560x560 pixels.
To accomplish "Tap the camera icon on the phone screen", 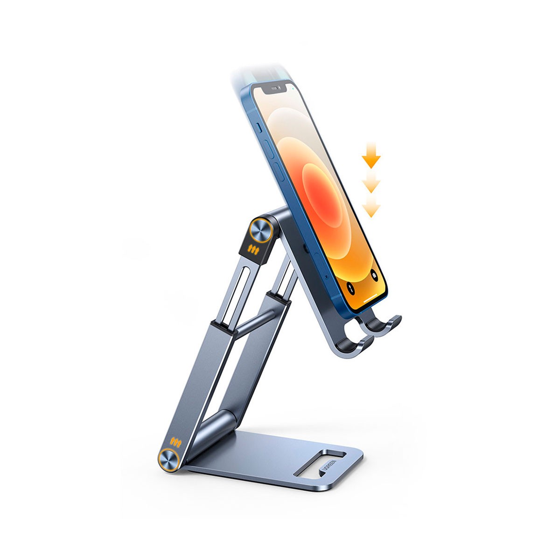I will (375, 275).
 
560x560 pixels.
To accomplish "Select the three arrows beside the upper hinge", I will (252, 248).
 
